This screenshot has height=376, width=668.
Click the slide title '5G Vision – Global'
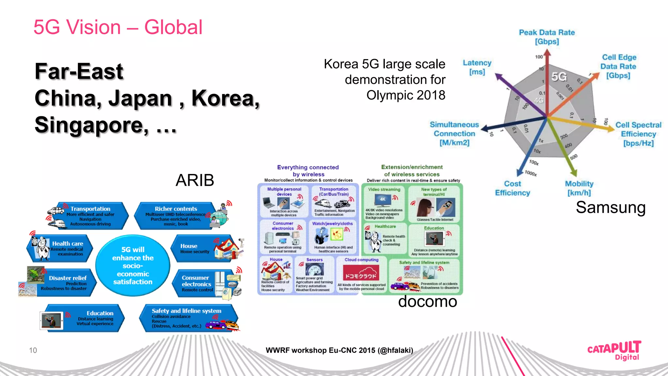point(118,27)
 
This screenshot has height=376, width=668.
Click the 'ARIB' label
point(195,180)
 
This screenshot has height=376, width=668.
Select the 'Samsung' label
point(611,208)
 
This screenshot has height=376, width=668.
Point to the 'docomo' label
point(427,302)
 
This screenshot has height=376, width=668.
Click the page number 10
point(33,350)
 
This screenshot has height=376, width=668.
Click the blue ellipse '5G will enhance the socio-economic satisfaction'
point(133,265)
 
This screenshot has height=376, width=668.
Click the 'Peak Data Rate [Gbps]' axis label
point(547,37)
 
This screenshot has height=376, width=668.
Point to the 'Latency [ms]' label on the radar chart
point(477,67)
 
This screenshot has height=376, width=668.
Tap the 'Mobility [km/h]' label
point(579,188)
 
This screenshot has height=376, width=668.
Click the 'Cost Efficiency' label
point(512,188)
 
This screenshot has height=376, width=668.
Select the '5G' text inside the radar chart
point(559,77)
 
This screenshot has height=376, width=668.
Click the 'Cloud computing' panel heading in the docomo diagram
point(361,260)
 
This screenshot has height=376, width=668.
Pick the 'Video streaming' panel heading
point(384,189)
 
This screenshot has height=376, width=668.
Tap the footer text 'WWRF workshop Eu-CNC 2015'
point(339,350)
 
